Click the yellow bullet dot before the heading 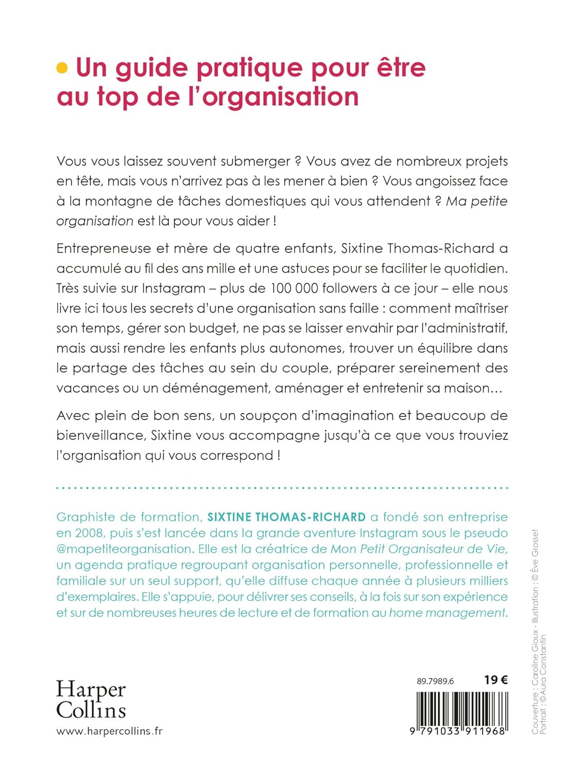click(x=62, y=68)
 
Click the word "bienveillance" click(x=101, y=436)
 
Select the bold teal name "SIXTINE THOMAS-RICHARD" click(x=286, y=517)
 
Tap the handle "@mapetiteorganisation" click(x=124, y=549)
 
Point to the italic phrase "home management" click(x=447, y=613)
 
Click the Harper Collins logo click(x=91, y=699)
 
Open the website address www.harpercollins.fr click(x=109, y=731)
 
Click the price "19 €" click(x=495, y=680)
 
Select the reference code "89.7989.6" click(x=435, y=681)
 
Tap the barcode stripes click(x=462, y=709)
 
